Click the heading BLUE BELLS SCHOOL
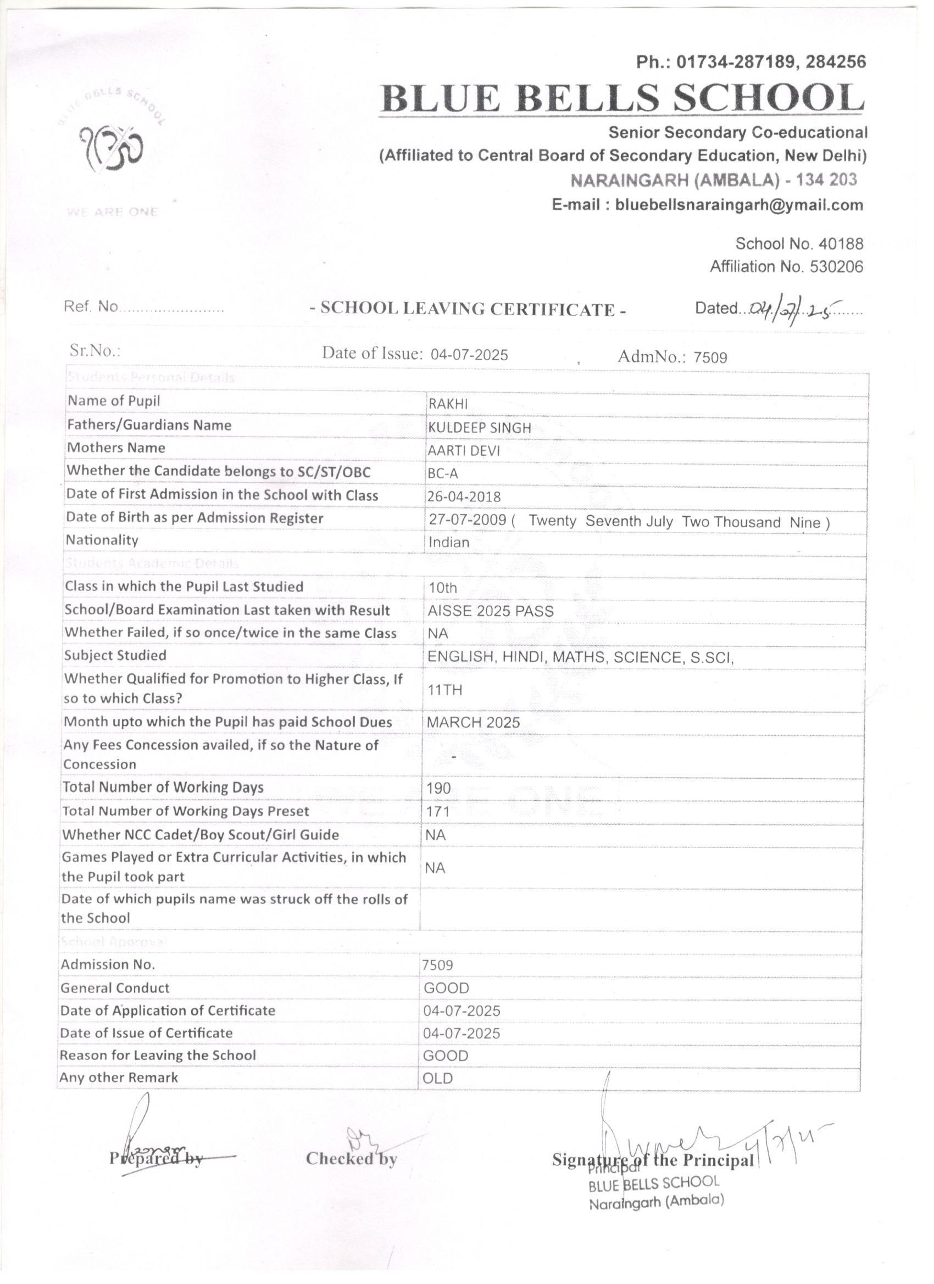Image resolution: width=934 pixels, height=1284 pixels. coord(622,98)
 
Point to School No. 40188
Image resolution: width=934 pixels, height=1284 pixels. coord(799,244)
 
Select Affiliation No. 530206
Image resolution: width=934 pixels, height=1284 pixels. coord(787,267)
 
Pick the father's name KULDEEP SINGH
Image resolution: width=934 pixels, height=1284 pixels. coord(479,428)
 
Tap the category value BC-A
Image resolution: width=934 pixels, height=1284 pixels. coord(443,474)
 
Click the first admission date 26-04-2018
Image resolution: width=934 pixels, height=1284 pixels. coord(464,497)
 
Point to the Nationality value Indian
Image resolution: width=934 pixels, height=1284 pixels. coord(449,543)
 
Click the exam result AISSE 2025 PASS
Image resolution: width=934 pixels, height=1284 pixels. coord(491,611)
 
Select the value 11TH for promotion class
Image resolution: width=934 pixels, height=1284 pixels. coord(445,690)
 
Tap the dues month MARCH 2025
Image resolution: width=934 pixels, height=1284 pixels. coord(474,722)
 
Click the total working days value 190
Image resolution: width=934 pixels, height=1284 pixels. coord(439,788)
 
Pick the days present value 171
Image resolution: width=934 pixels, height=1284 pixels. coord(438,812)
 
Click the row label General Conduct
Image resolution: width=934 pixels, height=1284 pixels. coord(115,988)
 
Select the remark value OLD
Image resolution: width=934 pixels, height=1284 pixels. coord(438,1079)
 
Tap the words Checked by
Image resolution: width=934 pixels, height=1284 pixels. coord(351,1158)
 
